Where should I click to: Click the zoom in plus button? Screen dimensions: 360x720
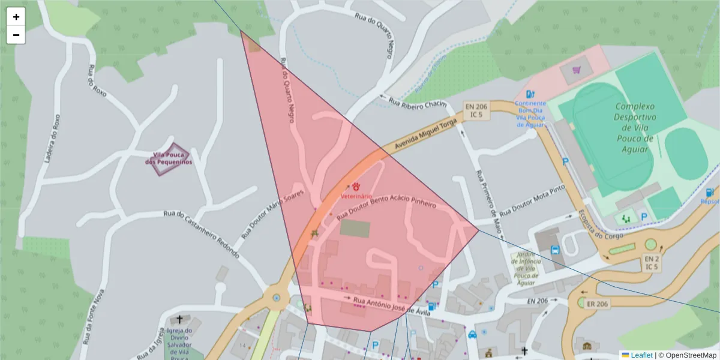pyautogui.click(x=16, y=17)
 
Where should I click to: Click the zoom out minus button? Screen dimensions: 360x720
pyautogui.click(x=16, y=35)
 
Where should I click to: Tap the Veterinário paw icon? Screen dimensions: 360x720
pyautogui.click(x=356, y=187)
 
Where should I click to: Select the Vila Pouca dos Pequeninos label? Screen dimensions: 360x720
pyautogui.click(x=169, y=158)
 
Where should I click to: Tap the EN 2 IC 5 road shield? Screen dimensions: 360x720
pyautogui.click(x=651, y=262)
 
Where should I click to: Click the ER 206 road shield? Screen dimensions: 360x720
pyautogui.click(x=597, y=304)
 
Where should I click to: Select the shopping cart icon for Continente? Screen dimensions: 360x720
pyautogui.click(x=577, y=70)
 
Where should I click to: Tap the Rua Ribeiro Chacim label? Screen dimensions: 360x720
pyautogui.click(x=418, y=103)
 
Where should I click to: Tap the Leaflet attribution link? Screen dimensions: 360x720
pyautogui.click(x=641, y=355)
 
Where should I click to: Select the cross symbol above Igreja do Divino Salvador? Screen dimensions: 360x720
pyautogui.click(x=179, y=319)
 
